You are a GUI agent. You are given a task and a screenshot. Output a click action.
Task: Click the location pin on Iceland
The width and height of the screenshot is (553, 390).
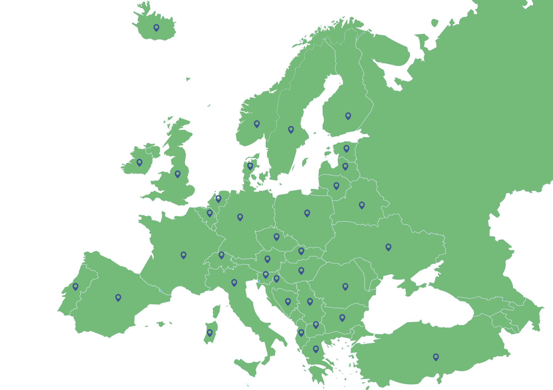[156, 27]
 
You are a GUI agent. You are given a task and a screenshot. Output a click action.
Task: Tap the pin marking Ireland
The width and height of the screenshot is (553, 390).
[139, 162]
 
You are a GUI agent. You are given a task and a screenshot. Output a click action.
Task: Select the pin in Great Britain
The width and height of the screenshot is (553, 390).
[178, 174]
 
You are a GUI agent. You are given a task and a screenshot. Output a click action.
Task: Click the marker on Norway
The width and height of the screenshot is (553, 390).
[257, 124]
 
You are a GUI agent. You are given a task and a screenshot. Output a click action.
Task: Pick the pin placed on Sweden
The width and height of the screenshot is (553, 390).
[291, 129]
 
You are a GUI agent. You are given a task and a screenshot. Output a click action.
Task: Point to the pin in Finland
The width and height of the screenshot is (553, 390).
[348, 116]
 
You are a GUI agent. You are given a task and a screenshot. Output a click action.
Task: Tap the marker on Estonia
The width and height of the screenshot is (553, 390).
[346, 148]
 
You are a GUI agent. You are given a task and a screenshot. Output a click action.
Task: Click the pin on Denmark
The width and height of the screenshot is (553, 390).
[250, 166]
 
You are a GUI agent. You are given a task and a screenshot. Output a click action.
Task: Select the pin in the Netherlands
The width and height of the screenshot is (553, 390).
[218, 198]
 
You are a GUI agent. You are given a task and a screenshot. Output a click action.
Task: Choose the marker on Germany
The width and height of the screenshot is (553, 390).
[240, 217]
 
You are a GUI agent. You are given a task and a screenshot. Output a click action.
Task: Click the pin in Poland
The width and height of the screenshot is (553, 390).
[307, 213]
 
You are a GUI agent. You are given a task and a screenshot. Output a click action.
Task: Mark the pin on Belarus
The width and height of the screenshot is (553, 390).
[362, 205]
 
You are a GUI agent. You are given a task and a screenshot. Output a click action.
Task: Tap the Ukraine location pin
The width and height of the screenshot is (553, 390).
[388, 247]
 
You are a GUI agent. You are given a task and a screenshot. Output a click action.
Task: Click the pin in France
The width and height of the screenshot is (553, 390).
[183, 255]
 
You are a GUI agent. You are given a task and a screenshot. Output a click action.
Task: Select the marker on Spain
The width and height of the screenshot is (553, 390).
[118, 297]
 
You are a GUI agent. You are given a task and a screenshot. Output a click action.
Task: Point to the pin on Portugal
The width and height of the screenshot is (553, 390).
[75, 286]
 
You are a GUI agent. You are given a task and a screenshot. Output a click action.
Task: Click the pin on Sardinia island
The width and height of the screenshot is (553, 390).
[210, 332]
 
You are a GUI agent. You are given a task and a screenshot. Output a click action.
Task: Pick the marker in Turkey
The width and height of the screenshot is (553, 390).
[436, 357]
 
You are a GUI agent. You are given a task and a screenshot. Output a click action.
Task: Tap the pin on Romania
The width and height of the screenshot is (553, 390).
[345, 286]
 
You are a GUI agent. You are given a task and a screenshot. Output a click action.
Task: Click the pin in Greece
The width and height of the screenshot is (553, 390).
[316, 349]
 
